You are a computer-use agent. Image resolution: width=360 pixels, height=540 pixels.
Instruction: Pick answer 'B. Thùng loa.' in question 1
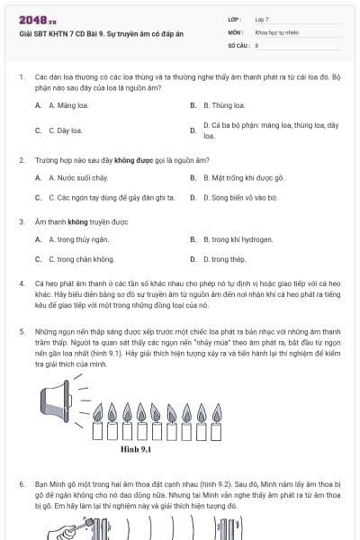click(221, 104)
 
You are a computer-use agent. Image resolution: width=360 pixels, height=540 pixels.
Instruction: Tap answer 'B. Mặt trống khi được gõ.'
click(239, 177)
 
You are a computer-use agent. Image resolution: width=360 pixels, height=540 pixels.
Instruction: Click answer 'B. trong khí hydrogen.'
click(235, 239)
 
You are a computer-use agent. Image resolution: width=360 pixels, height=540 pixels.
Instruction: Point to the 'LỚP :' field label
click(235, 18)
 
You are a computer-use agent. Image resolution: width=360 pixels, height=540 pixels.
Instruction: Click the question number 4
click(21, 283)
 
